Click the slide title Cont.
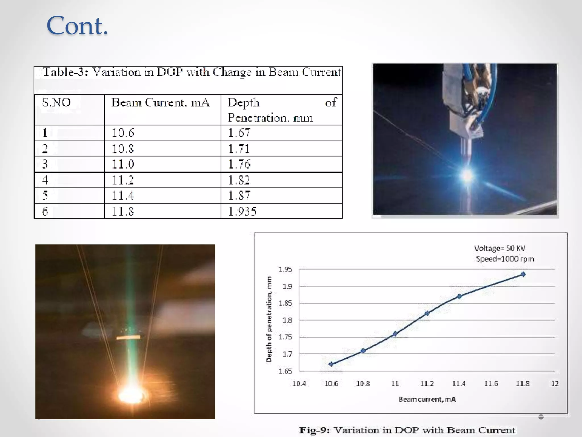click(x=77, y=26)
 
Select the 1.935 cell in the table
click(x=242, y=211)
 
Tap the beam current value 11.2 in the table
click(x=122, y=180)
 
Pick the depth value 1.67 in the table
click(x=239, y=133)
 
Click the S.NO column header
click(x=56, y=102)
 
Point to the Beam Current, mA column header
click(x=160, y=102)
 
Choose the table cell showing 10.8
click(x=122, y=149)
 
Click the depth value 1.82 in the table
click(x=239, y=180)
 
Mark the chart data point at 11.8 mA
click(x=523, y=274)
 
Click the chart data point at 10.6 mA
click(x=331, y=364)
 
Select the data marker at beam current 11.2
click(x=427, y=313)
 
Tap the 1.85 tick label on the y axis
click(x=285, y=303)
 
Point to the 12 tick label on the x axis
click(x=555, y=384)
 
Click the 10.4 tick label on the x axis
click(x=299, y=384)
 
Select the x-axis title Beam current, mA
click(x=427, y=399)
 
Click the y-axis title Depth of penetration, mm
click(x=269, y=319)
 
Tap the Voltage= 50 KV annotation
click(x=500, y=248)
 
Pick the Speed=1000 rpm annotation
click(x=505, y=259)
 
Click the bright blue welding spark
click(x=467, y=176)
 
